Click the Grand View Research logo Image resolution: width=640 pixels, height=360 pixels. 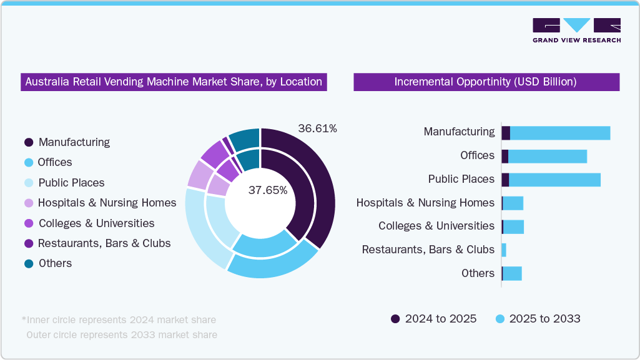pos(576,31)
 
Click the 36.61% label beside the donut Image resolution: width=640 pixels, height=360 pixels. pos(317,129)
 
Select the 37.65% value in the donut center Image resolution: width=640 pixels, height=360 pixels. pos(268,190)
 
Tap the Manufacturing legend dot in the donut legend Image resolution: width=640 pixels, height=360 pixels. pos(29,142)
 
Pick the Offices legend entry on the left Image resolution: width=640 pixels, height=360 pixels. pos(54,162)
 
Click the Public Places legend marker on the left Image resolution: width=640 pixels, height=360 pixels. pos(29,183)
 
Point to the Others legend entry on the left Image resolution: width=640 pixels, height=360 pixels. pos(55,263)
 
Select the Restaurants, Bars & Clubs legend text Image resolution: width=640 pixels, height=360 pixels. pos(104,243)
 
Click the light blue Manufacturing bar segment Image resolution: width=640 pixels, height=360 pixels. pos(560,133)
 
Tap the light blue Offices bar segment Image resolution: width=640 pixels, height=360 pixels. pos(548,156)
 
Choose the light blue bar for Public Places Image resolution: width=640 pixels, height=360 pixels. pos(554,180)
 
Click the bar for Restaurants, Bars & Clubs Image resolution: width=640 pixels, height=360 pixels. pos(504,250)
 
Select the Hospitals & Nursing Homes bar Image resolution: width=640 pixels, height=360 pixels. pos(513,203)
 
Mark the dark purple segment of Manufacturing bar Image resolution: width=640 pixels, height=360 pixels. pos(506,133)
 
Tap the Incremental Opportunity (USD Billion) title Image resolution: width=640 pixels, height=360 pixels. pos(486,82)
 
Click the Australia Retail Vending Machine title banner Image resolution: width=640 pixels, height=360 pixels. pos(174,82)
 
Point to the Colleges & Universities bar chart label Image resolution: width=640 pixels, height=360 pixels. pos(436,226)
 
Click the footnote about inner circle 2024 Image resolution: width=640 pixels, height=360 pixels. pos(119,320)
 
